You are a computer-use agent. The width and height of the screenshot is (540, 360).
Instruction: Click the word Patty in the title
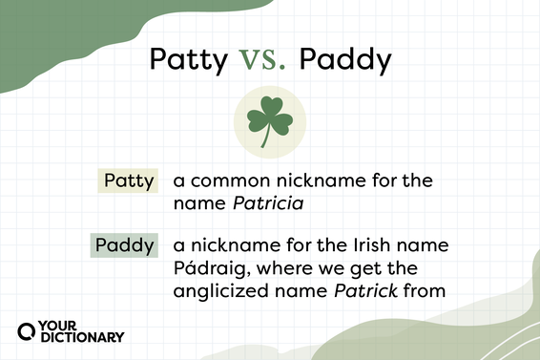pos(188,61)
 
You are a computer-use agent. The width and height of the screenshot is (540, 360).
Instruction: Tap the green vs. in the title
pos(262,61)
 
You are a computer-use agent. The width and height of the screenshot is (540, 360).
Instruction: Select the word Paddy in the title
pos(344,61)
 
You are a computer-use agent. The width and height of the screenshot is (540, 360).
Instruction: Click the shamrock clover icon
pos(270,121)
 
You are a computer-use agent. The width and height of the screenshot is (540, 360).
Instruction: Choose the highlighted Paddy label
pos(124,245)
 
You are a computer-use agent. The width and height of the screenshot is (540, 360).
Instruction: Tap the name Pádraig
pos(208,268)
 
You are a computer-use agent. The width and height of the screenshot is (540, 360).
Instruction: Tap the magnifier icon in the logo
pos(29,330)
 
